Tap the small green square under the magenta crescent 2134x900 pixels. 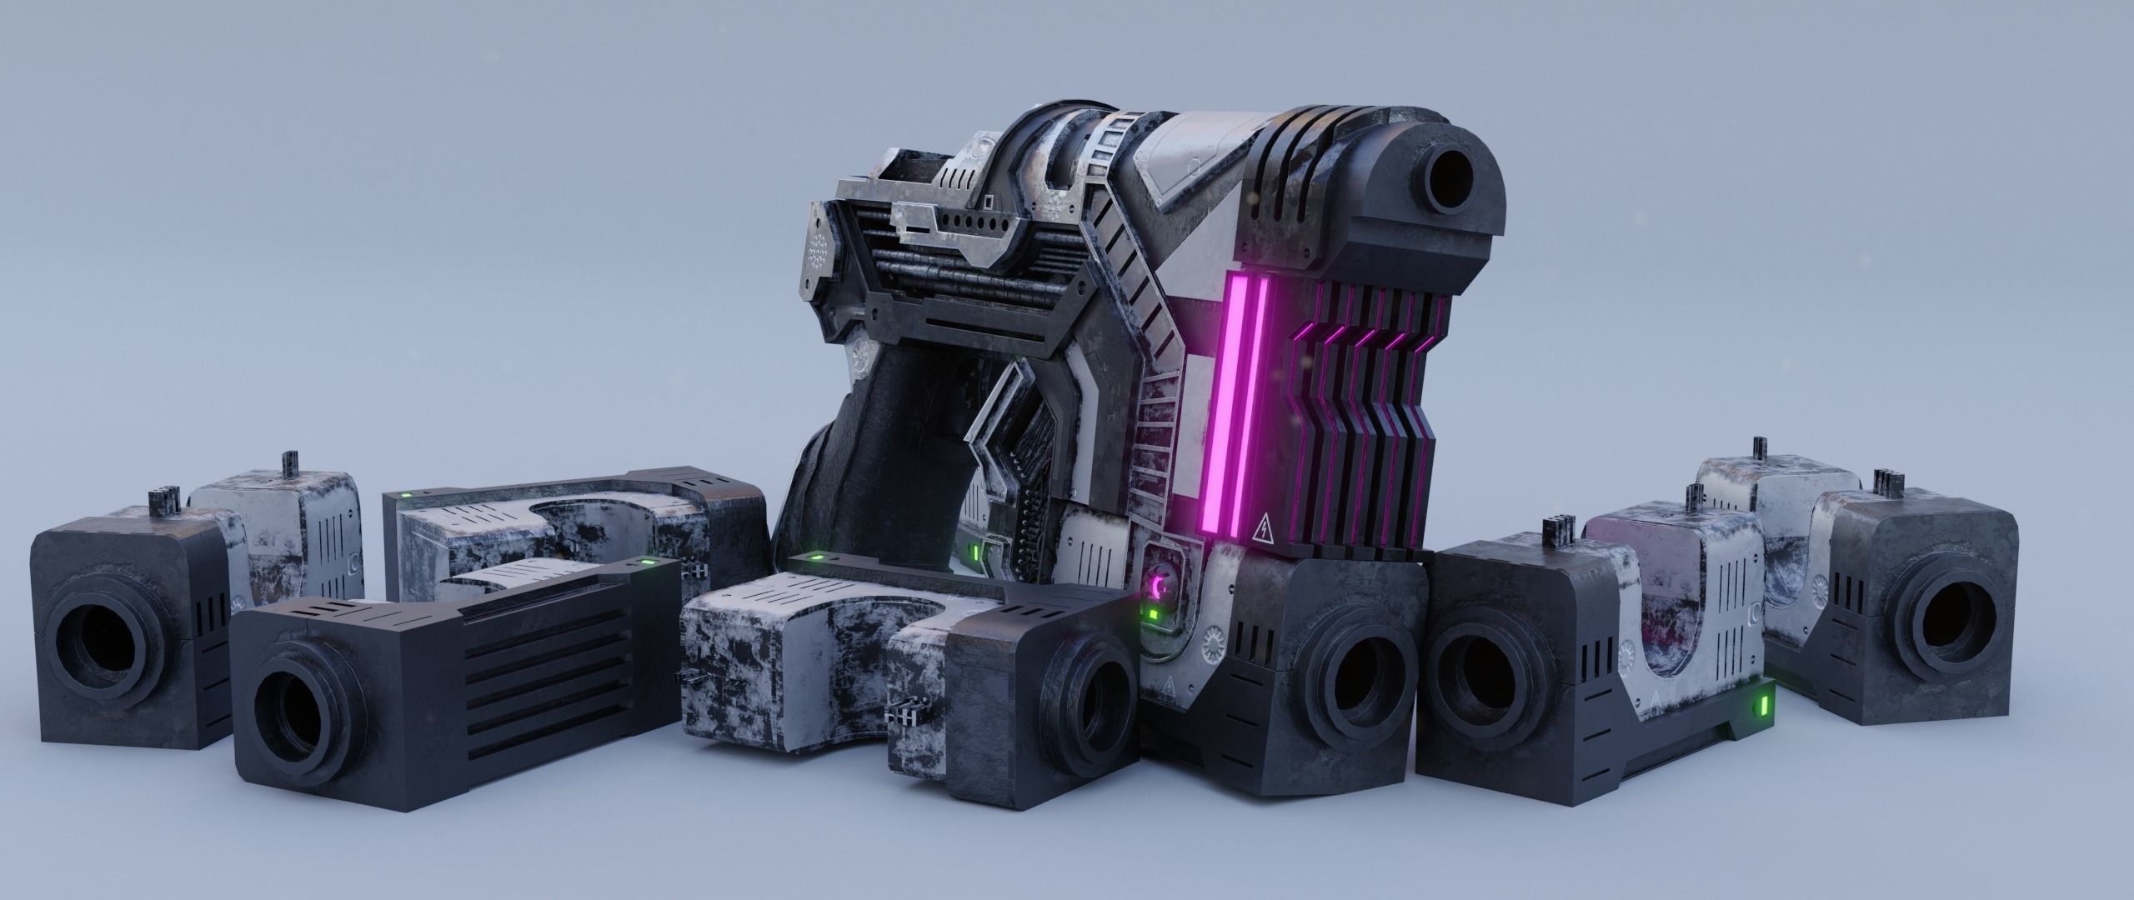pyautogui.click(x=1152, y=615)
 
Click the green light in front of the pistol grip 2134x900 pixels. pyautogui.click(x=818, y=556)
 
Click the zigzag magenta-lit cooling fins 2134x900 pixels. pyautogui.click(x=1359, y=408)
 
